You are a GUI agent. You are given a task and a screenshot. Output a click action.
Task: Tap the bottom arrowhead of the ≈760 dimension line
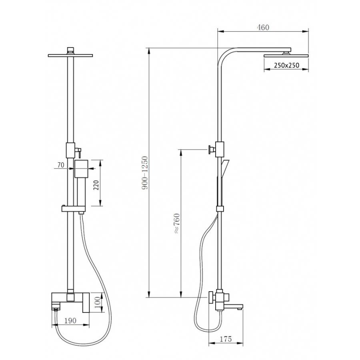pos(181,294)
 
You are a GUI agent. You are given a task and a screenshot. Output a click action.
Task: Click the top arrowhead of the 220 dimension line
pos(100,163)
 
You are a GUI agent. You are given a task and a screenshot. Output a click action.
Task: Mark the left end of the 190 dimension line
pos(52,325)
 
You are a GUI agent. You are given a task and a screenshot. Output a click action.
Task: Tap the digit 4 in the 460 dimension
pos(258,27)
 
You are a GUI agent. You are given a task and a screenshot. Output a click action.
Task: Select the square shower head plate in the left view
pos(70,55)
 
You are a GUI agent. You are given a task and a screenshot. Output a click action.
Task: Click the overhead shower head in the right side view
pos(286,56)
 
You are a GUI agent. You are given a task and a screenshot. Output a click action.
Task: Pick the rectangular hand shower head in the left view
pos(81,169)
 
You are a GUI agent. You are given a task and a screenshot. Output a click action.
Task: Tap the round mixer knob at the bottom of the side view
pos(211,298)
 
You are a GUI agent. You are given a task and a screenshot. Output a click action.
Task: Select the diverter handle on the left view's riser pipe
pos(78,152)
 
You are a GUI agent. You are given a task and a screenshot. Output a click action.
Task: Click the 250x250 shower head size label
pos(286,66)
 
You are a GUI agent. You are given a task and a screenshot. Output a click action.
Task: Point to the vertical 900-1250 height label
pos(145,173)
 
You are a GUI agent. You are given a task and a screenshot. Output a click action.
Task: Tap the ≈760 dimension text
pos(177,223)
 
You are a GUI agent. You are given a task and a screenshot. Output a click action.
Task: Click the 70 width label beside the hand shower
pos(61,165)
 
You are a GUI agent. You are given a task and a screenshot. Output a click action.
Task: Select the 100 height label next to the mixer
pos(97,302)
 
